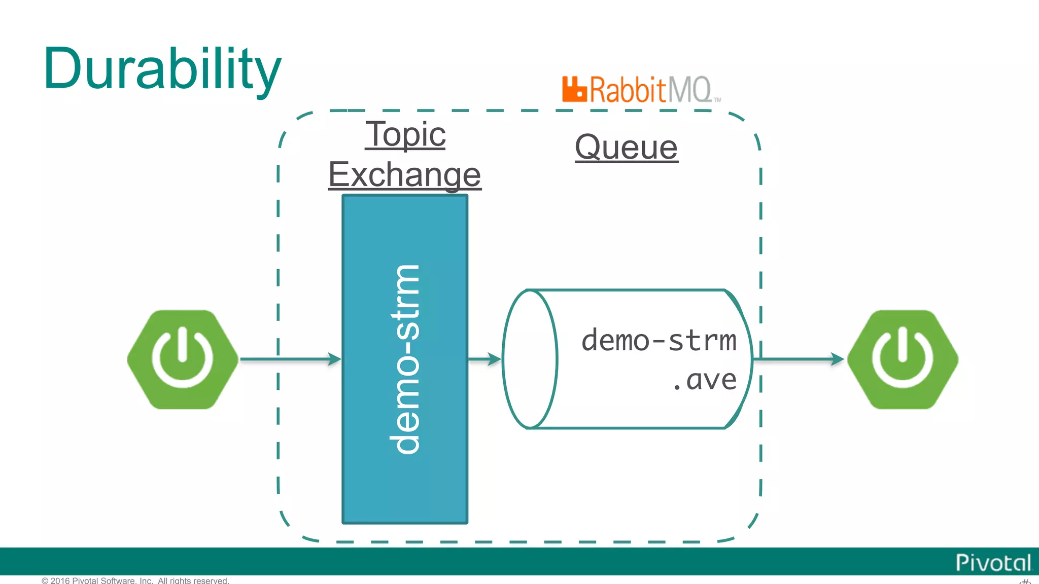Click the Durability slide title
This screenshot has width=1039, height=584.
[162, 69]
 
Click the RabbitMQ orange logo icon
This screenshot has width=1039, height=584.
[574, 90]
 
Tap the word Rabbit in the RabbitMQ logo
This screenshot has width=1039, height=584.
[627, 90]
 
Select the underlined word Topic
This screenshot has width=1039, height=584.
[405, 134]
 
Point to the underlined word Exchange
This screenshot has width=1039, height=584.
[404, 174]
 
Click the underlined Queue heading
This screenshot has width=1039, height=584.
[626, 148]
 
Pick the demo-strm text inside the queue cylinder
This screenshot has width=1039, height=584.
[659, 340]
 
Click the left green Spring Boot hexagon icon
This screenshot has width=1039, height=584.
[183, 359]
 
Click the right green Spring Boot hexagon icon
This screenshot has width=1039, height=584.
[902, 359]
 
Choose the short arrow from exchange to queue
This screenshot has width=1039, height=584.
[484, 359]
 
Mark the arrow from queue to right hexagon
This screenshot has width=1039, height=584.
[799, 359]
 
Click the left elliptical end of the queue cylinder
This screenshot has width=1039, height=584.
[530, 359]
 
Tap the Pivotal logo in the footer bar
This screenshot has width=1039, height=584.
[993, 562]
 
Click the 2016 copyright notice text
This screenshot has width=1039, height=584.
[135, 580]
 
